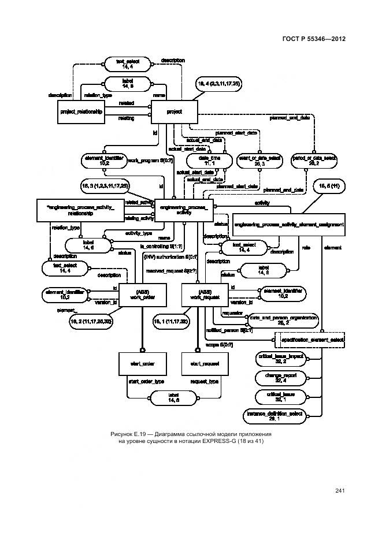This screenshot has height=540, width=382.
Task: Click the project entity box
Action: (x=174, y=111)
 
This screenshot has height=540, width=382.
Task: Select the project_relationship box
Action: (x=81, y=111)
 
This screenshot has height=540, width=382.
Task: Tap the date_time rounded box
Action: (x=206, y=160)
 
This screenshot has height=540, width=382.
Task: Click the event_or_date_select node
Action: (x=259, y=160)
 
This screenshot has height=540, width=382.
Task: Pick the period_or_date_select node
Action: (x=314, y=160)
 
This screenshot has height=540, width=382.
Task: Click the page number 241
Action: (x=339, y=491)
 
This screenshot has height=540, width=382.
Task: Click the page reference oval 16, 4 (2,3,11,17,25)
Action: (x=219, y=84)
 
